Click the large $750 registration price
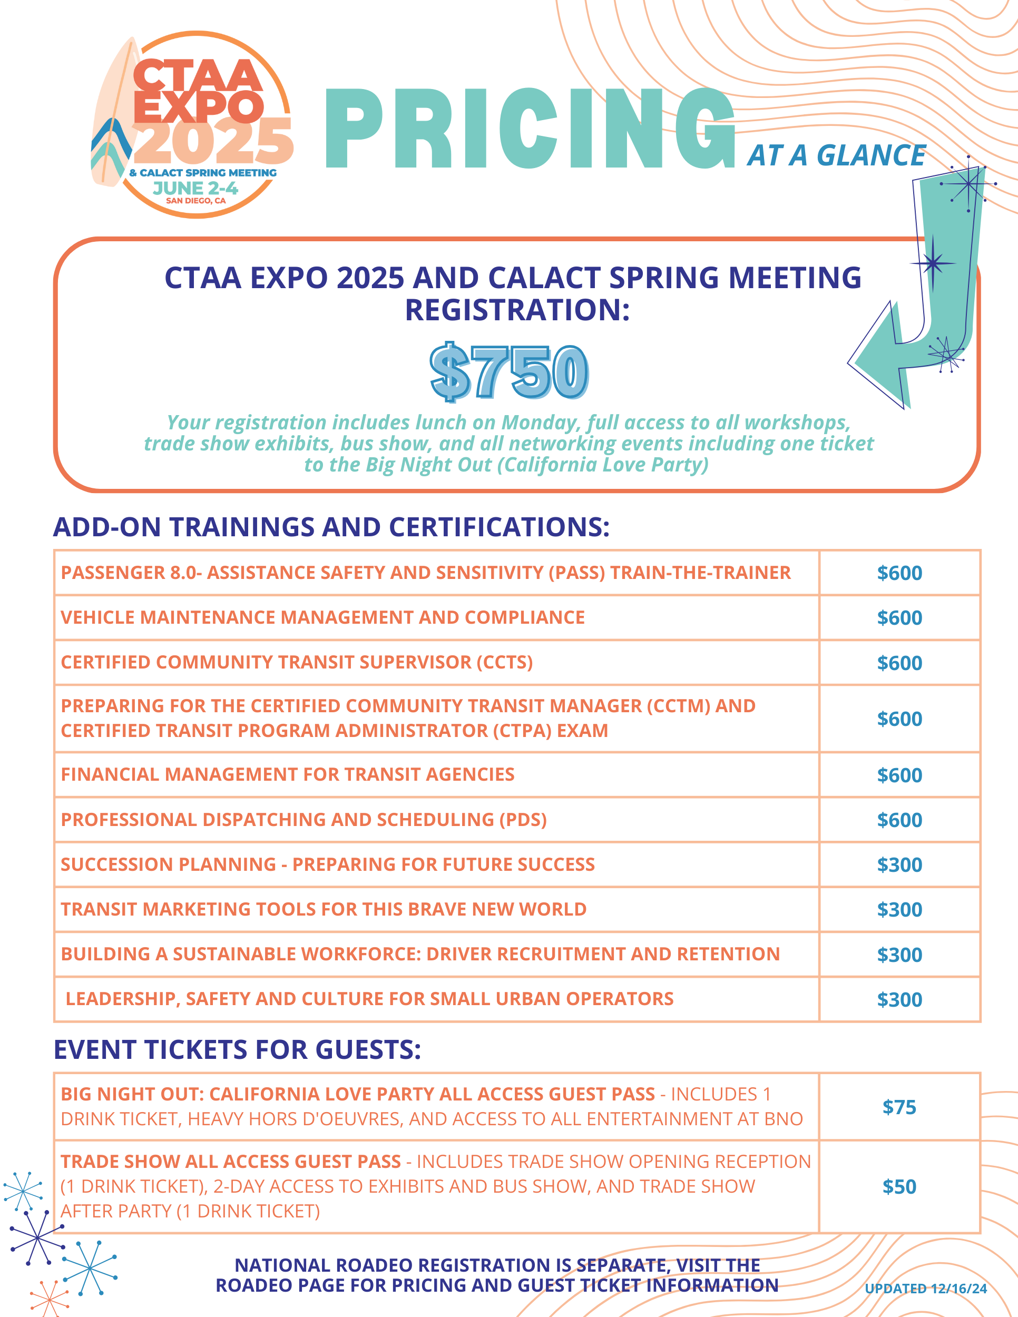point(508,372)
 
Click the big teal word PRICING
point(530,129)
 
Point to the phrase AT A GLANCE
point(836,155)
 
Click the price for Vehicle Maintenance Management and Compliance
point(899,618)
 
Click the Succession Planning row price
point(899,864)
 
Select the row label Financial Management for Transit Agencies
point(288,774)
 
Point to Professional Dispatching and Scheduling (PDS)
point(304,820)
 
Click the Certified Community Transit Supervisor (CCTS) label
point(297,662)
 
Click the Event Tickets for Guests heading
point(237,1050)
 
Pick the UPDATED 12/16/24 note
point(926,1289)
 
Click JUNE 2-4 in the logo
point(195,188)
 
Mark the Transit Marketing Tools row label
point(323,909)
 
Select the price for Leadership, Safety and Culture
point(899,1000)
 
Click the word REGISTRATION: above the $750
point(517,310)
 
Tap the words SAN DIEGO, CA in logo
point(196,201)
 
